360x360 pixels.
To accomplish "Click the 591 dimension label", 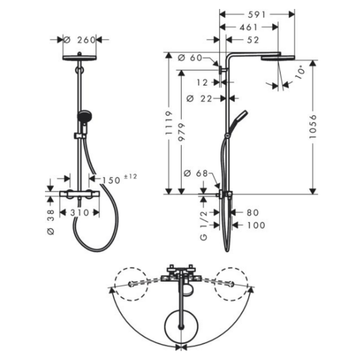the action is pos(257,14).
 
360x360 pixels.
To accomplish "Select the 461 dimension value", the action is pos(248,28).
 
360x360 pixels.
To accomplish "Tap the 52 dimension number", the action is pos(253,40).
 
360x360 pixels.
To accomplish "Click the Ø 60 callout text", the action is pos(190,58).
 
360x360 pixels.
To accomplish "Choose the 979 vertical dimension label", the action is pos(181,132).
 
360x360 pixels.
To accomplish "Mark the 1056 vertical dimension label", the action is pos(313,127).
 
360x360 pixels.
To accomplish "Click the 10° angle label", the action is pos(301,72).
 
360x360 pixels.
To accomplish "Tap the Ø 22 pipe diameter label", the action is pos(199,99).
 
